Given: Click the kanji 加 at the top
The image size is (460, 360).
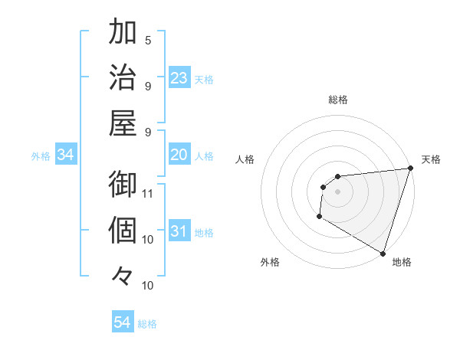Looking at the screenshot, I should [x=123, y=33].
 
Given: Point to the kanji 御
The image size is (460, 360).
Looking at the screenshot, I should [x=123, y=185].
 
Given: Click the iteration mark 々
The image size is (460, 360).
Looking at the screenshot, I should [x=123, y=274].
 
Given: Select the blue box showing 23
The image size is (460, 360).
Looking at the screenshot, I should [x=179, y=77].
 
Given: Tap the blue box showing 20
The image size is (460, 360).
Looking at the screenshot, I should [x=179, y=155].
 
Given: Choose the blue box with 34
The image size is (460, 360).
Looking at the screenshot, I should [x=66, y=155].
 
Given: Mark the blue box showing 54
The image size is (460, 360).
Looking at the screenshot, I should [x=123, y=322].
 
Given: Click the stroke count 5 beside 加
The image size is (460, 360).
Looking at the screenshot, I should [x=149, y=40].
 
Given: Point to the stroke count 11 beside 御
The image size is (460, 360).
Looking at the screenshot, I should [x=149, y=192].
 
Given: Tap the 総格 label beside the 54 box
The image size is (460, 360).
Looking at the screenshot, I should [x=147, y=324].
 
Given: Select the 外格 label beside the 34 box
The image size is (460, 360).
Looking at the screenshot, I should [x=41, y=156].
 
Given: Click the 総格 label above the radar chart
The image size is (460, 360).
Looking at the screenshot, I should [x=338, y=100].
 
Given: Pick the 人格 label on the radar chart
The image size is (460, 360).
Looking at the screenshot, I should [x=245, y=159].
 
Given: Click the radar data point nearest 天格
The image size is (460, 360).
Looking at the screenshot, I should [x=410, y=169].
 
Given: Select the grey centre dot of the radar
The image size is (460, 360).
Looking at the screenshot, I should [x=337, y=191].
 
